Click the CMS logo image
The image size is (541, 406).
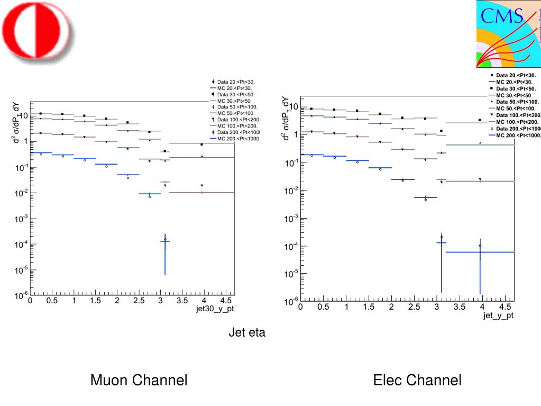click(508, 33)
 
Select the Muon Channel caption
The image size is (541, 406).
click(139, 380)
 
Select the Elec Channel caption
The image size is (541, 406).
click(417, 380)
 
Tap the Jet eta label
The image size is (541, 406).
click(247, 333)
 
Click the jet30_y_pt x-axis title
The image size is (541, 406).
click(215, 309)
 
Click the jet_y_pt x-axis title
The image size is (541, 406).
click(498, 315)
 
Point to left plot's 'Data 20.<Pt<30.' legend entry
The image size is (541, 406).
click(233, 82)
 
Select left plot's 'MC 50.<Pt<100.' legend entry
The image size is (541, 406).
click(233, 113)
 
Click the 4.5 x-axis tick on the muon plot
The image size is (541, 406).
click(226, 301)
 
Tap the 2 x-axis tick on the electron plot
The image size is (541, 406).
click(391, 307)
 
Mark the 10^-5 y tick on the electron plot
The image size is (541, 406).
click(289, 274)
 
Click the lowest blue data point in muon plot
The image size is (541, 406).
click(165, 240)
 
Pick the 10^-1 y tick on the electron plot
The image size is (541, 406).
click(289, 163)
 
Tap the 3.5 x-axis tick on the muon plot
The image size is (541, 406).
click(182, 301)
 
